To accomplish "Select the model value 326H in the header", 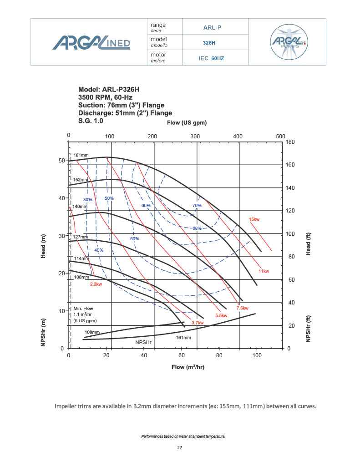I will point(209,43).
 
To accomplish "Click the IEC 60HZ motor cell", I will point(212,58).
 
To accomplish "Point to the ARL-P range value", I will point(212,27).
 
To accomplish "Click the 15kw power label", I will point(254,219).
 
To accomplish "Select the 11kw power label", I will point(264,271).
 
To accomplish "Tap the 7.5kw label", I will point(242,308).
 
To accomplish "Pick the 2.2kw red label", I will point(96,284).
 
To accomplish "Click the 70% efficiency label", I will point(197,206).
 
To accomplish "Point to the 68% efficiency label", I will point(197,228).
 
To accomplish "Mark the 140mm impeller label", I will point(80,207).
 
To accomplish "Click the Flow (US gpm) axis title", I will point(187,123).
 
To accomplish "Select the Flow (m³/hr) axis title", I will point(188,367).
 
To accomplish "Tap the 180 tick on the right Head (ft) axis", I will point(290,142).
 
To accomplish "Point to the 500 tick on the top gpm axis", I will point(280,136).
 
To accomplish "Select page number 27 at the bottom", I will point(179,448).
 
